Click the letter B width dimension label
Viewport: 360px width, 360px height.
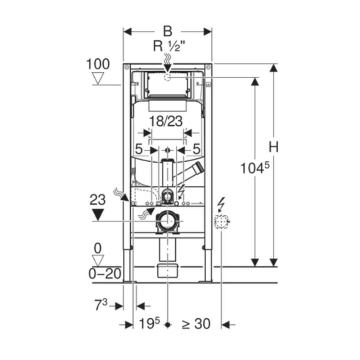coord(168,31)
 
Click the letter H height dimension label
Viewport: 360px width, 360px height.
coord(274,147)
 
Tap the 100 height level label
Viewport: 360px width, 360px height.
coord(98,64)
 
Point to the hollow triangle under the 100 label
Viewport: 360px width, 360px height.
coord(98,78)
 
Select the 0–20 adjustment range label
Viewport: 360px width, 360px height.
coord(105,274)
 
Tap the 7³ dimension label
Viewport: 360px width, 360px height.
coord(101,305)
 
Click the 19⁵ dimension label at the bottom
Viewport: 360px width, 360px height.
coord(149,324)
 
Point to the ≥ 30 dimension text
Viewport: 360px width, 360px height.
coord(196,324)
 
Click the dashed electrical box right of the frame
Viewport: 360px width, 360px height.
coord(221,222)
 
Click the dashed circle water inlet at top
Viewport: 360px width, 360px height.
coord(168,77)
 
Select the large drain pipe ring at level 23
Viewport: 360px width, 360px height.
coord(168,221)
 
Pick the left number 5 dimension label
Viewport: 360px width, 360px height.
coord(139,149)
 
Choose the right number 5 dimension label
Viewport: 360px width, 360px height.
coord(196,149)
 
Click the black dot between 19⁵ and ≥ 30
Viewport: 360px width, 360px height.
coord(168,325)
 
